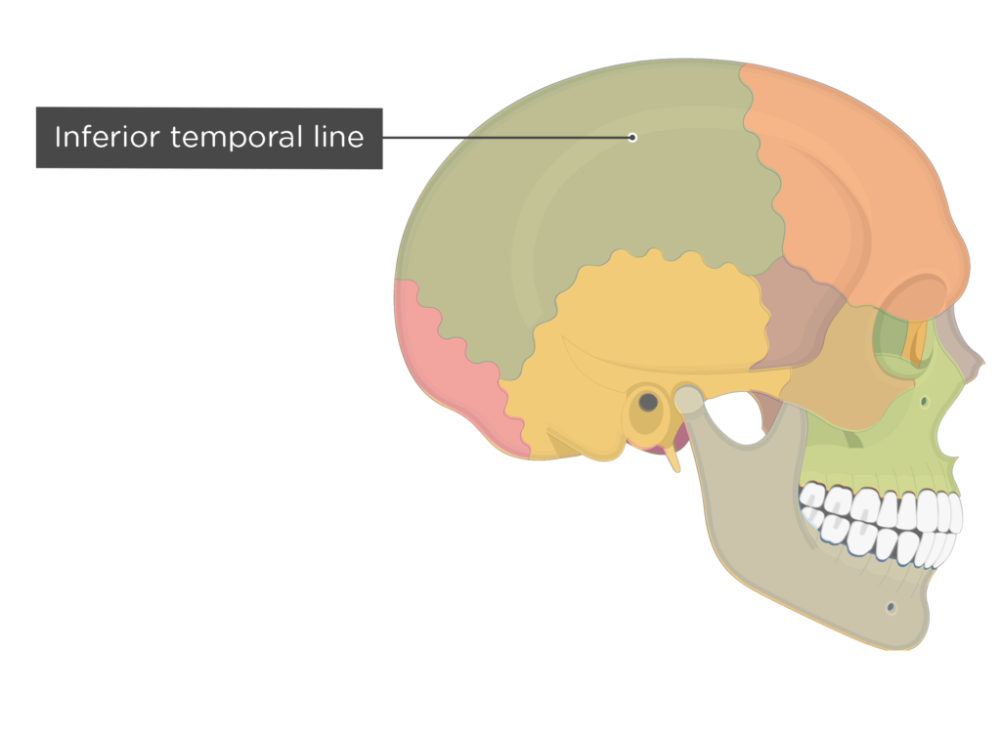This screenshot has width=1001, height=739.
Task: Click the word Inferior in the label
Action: [x=106, y=137]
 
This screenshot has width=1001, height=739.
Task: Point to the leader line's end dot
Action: [x=632, y=137]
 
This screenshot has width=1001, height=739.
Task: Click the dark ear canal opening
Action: [x=648, y=402]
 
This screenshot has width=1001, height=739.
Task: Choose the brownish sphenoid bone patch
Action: [x=795, y=313]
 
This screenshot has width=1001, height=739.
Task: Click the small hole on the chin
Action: [x=892, y=608]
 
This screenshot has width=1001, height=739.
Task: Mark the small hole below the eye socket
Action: [x=924, y=402]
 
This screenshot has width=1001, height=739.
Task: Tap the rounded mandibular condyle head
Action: [x=689, y=399]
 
